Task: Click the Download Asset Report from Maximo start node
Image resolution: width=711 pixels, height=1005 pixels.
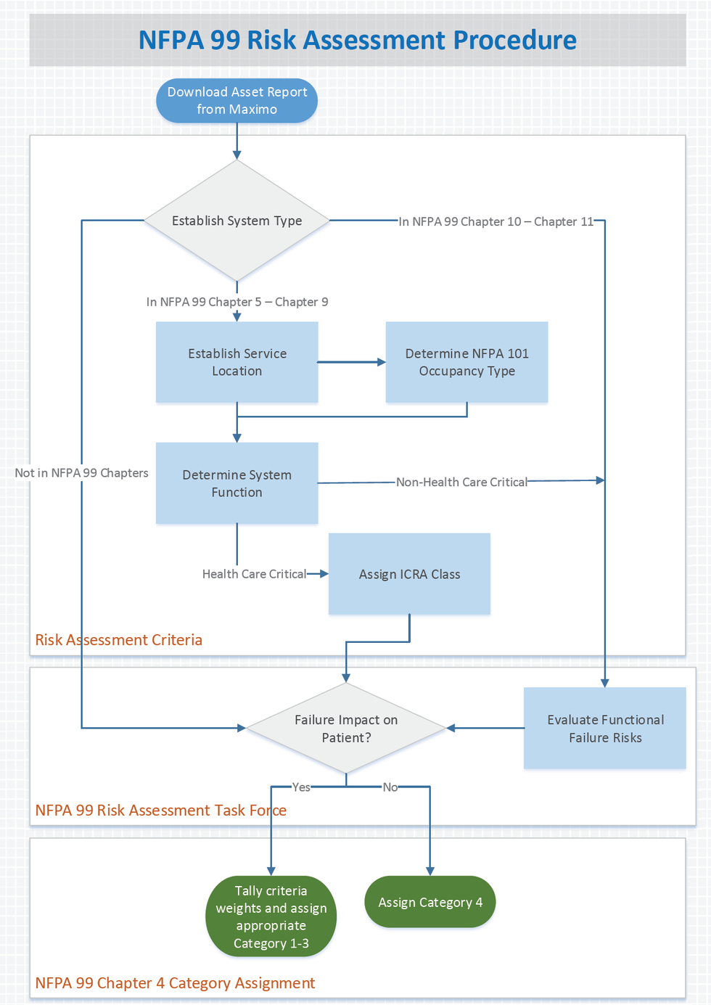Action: coord(237,101)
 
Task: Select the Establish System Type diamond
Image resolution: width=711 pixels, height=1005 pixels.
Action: coord(237,221)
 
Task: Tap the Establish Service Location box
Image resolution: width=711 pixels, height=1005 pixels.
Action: coord(237,362)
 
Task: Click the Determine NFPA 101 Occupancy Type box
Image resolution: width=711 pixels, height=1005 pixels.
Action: coord(467,362)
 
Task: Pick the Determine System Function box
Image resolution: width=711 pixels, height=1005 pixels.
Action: coord(237,483)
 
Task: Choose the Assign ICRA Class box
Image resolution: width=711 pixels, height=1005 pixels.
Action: coord(409,574)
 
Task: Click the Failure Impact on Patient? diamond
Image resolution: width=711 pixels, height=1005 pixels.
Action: coord(346,729)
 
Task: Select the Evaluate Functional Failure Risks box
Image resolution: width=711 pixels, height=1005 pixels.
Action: coord(605,729)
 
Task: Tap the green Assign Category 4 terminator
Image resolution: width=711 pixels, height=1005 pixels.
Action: coord(430,902)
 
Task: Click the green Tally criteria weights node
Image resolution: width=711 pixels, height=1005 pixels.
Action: coord(271,916)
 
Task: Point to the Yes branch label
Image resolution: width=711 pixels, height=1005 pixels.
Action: coord(301,787)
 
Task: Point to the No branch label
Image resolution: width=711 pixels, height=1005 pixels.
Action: coord(390,787)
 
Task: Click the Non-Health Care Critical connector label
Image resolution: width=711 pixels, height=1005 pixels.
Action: coord(461,482)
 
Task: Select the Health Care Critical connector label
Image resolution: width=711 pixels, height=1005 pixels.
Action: coord(254,574)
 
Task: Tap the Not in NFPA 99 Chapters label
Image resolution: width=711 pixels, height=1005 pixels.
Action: coord(81,473)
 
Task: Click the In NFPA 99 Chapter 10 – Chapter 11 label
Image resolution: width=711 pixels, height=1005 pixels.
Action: coord(496,221)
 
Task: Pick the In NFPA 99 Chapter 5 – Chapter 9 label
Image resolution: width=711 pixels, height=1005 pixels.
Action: coord(237,302)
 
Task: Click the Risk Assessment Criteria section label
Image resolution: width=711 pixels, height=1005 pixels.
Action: coord(119,640)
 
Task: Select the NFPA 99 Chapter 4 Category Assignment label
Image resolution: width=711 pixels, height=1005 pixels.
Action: coord(175,983)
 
